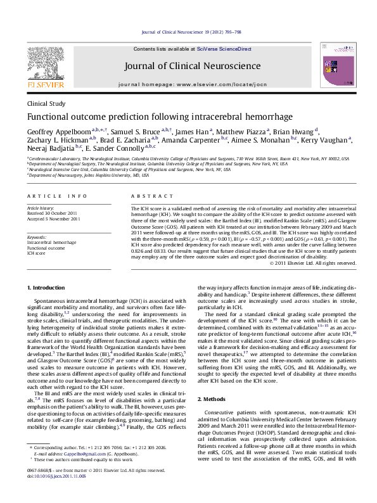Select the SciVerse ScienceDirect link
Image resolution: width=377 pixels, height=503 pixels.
click(224, 49)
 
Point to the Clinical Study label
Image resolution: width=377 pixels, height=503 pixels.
click(46, 103)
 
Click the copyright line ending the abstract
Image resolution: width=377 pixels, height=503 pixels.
click(313, 263)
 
